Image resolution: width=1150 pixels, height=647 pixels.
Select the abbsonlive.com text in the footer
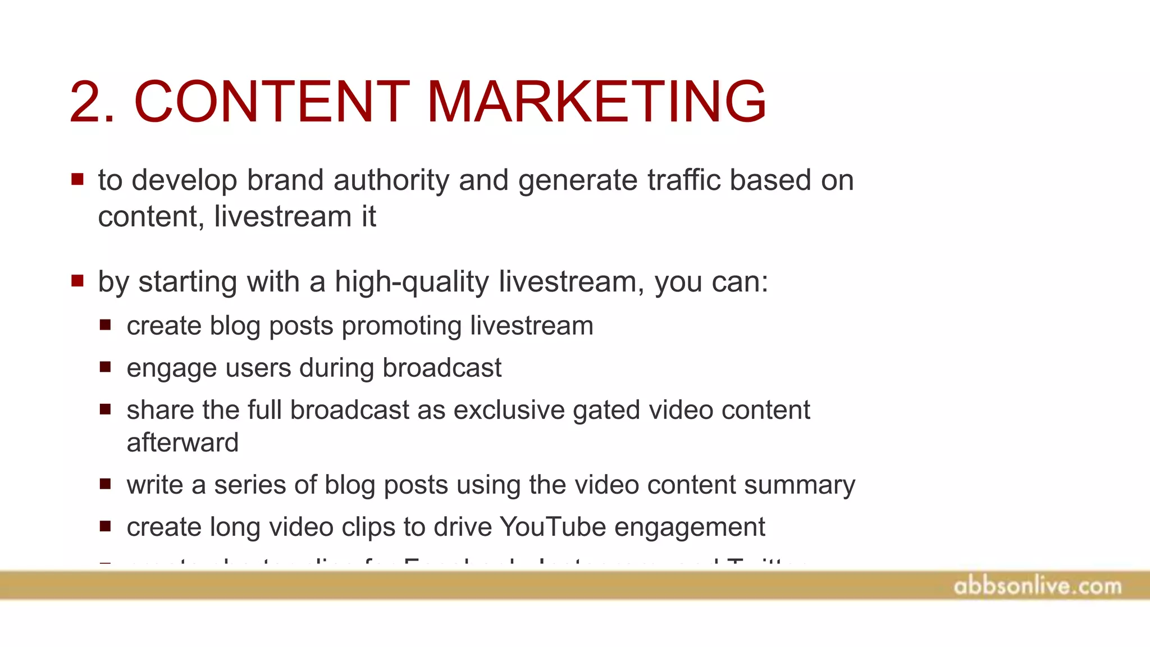point(1037,586)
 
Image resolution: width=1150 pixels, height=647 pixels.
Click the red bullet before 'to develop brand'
point(77,180)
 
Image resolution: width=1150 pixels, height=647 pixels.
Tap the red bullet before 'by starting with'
point(77,280)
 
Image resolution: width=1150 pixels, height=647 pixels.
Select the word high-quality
point(412,282)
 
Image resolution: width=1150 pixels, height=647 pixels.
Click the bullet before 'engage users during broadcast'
point(105,367)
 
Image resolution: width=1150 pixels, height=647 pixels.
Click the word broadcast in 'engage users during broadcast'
point(441,368)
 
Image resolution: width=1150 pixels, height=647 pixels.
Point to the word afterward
point(182,443)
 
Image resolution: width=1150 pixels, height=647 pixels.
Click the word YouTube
point(553,527)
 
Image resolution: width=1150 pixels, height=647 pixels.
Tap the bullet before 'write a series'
point(105,484)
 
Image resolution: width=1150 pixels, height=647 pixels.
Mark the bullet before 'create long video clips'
point(105,526)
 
